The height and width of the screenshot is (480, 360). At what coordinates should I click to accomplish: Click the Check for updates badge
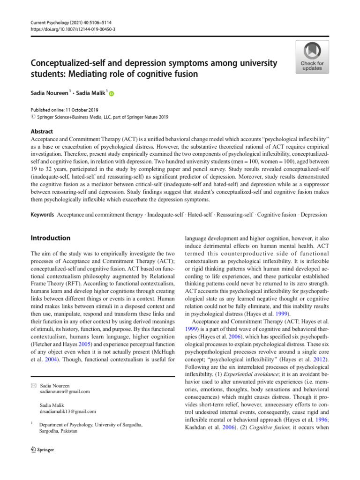pyautogui.click(x=312, y=57)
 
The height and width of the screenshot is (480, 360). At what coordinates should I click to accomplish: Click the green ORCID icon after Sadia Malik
pyautogui.click(x=111, y=94)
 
